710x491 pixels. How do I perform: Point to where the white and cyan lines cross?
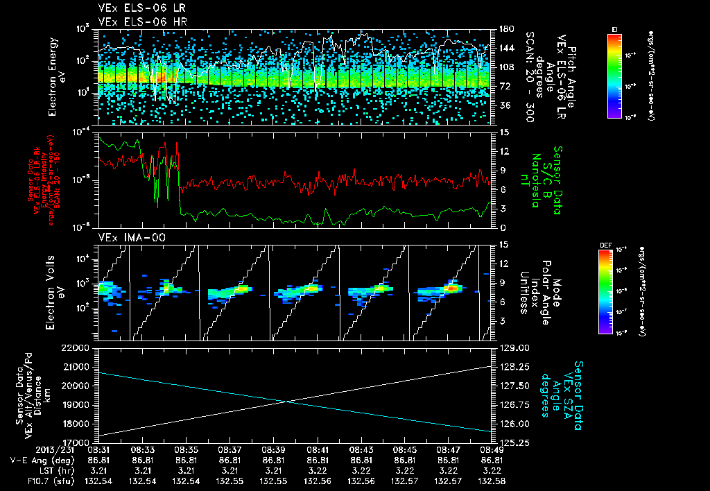coord(288,401)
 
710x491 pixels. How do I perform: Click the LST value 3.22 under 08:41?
coord(318,470)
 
